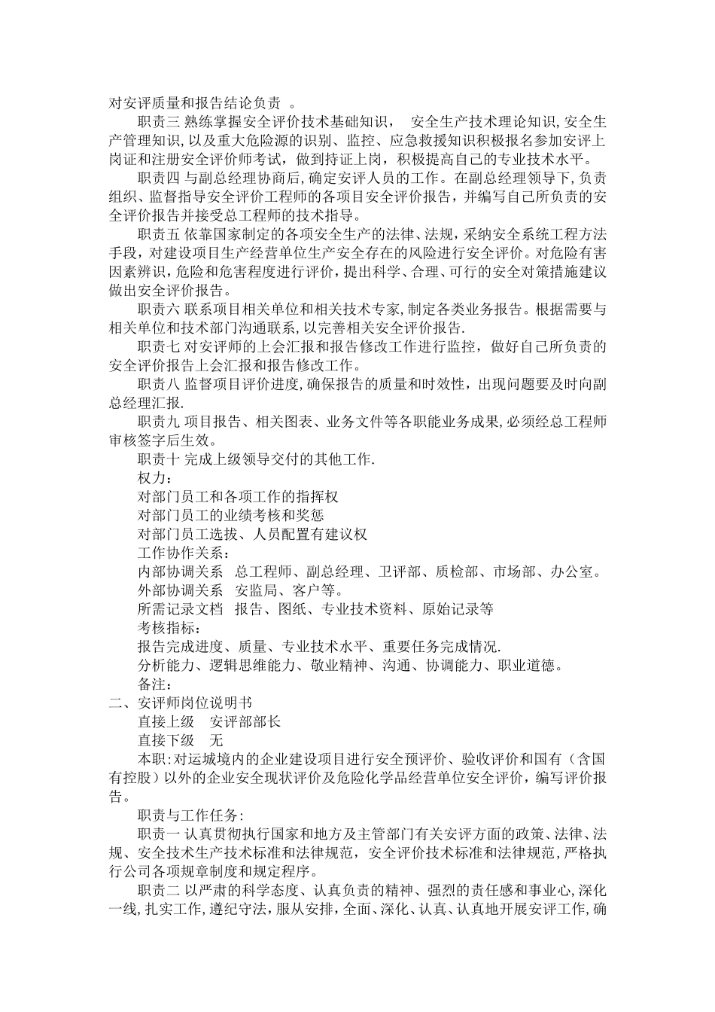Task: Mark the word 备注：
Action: pyautogui.click(x=154, y=684)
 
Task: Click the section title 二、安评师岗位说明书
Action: pyautogui.click(x=181, y=703)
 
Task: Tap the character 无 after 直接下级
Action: pyautogui.click(x=218, y=740)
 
